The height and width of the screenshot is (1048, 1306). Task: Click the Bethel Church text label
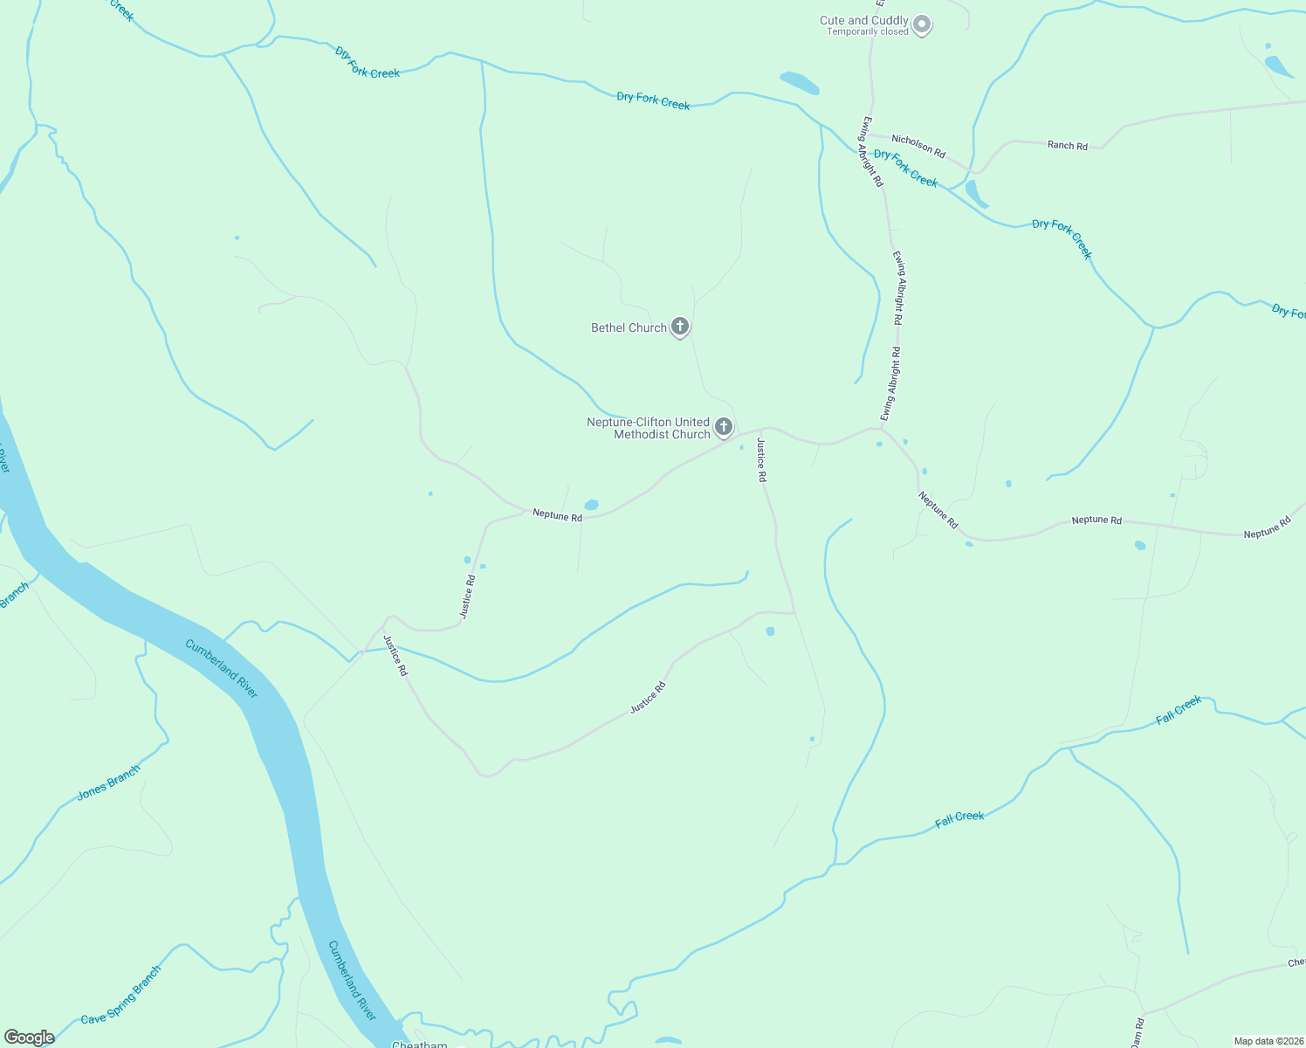point(629,327)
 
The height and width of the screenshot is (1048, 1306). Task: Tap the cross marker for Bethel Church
point(680,327)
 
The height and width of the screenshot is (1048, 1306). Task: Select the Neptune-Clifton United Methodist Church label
point(649,428)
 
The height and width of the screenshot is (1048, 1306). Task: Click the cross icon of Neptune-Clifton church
point(724,426)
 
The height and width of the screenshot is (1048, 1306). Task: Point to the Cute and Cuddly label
point(863,20)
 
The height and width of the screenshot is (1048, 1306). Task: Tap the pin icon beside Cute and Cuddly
point(922,24)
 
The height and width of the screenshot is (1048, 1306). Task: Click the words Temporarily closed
point(868,32)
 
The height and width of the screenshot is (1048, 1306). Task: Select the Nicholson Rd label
point(918,146)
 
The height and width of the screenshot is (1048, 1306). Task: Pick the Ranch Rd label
point(1068,145)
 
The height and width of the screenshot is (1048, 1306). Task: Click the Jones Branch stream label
point(108,783)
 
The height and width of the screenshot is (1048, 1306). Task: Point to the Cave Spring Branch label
point(121,995)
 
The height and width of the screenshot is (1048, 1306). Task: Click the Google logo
point(29,1038)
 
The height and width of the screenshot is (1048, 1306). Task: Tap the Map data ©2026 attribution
point(1267,1041)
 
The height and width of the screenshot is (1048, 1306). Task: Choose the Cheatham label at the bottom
point(419,1045)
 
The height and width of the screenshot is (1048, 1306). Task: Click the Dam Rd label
point(1137,1033)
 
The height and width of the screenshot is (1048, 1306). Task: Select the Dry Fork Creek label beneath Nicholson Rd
point(905,168)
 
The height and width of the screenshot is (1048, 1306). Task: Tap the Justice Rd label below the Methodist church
point(761,460)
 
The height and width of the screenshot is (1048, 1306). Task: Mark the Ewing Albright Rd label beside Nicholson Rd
point(872,151)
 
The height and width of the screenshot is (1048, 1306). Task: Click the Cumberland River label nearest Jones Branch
point(222,669)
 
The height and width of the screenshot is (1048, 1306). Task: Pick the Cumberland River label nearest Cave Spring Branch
point(353,981)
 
